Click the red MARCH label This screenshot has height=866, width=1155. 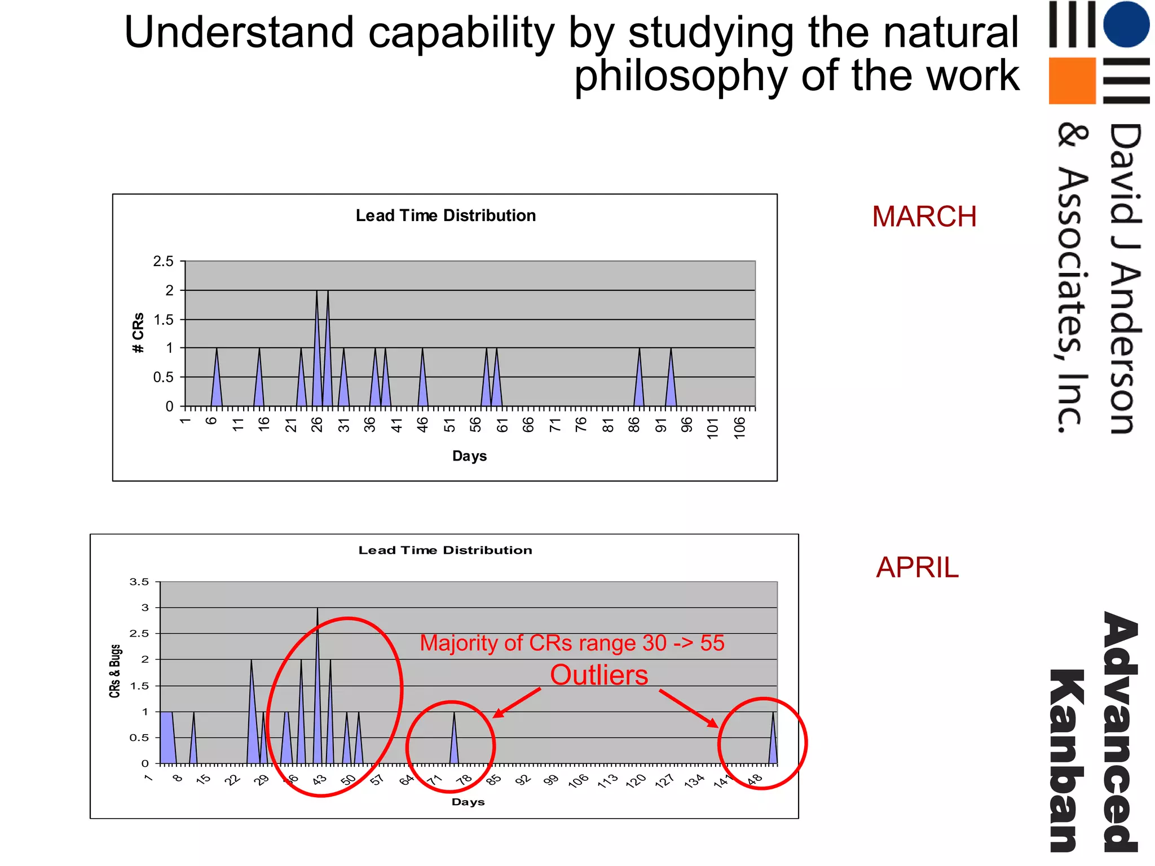point(924,216)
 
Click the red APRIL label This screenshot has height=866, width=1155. point(917,567)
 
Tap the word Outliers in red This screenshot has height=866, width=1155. point(599,675)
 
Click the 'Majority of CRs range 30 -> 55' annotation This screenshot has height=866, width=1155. point(572,643)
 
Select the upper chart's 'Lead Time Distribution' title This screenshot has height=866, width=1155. point(446,215)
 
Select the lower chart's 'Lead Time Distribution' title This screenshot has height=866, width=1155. point(445,550)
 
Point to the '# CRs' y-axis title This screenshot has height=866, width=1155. point(138,333)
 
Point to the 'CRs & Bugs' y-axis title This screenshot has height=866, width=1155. point(115,671)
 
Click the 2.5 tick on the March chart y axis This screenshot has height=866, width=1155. point(163,261)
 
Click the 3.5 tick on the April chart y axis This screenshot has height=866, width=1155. point(139,582)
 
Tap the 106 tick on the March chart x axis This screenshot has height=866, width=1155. point(739,427)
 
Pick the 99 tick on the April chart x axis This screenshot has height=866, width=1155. point(551,779)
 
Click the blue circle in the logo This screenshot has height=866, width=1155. point(1126,24)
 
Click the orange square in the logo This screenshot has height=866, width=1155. point(1072,81)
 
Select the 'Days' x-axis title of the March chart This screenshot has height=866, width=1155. point(469,456)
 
